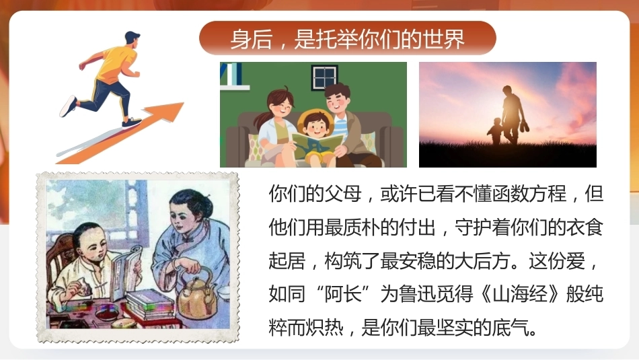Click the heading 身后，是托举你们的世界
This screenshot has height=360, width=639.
(347, 39)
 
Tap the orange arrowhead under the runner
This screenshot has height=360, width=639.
(167, 111)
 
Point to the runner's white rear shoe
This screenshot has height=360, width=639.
(68, 106)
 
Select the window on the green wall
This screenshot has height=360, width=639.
(324, 77)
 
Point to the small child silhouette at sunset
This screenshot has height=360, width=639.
(496, 131)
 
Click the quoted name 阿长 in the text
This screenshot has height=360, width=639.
(343, 294)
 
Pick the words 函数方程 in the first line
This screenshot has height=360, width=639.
(529, 194)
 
